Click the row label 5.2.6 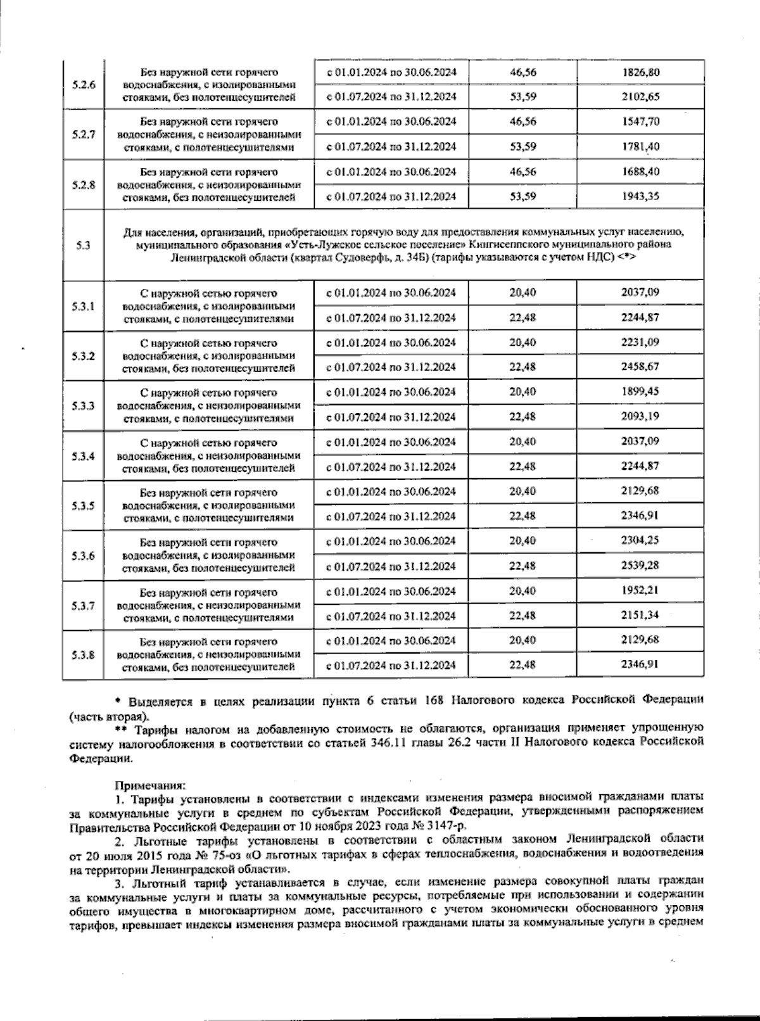click(x=83, y=84)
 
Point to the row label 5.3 click(x=83, y=246)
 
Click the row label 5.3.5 click(x=83, y=505)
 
